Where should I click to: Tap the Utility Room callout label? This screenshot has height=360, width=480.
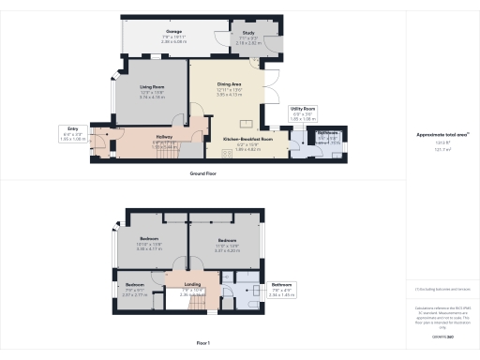point(303,109)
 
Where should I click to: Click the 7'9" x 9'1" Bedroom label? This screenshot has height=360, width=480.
point(135,284)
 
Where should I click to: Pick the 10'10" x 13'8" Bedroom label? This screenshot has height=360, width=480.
point(149,239)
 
